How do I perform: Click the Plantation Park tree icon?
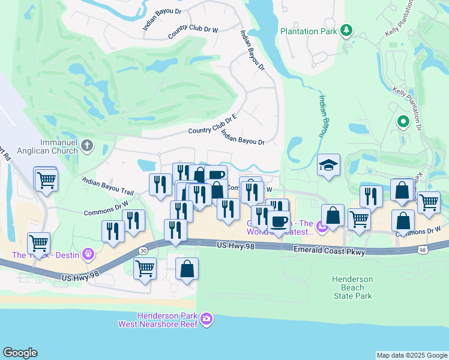pyautogui.click(x=346, y=29)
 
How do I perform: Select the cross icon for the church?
pyautogui.click(x=87, y=145)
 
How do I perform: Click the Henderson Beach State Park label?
pyautogui.click(x=354, y=287)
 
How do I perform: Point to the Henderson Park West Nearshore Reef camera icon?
pyautogui.click(x=206, y=319)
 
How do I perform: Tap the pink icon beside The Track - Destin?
pyautogui.click(x=89, y=254)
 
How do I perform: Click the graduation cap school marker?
pyautogui.click(x=328, y=165)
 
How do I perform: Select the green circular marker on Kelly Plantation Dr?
pyautogui.click(x=403, y=122)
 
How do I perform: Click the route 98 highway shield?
pyautogui.click(x=424, y=249)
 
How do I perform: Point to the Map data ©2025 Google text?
pyautogui.click(x=411, y=355)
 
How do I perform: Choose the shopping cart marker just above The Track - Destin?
pyautogui.click(x=39, y=243)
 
